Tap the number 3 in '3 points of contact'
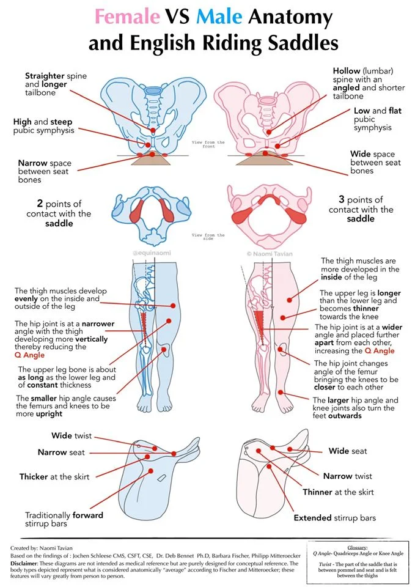tap(342, 200)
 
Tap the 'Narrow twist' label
tap(347, 476)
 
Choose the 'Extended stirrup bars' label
tap(334, 518)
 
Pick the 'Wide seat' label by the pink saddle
tap(348, 451)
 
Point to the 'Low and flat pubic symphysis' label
tap(371, 119)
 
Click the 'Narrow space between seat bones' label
tap(44, 171)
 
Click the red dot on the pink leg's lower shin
tap(281, 393)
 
